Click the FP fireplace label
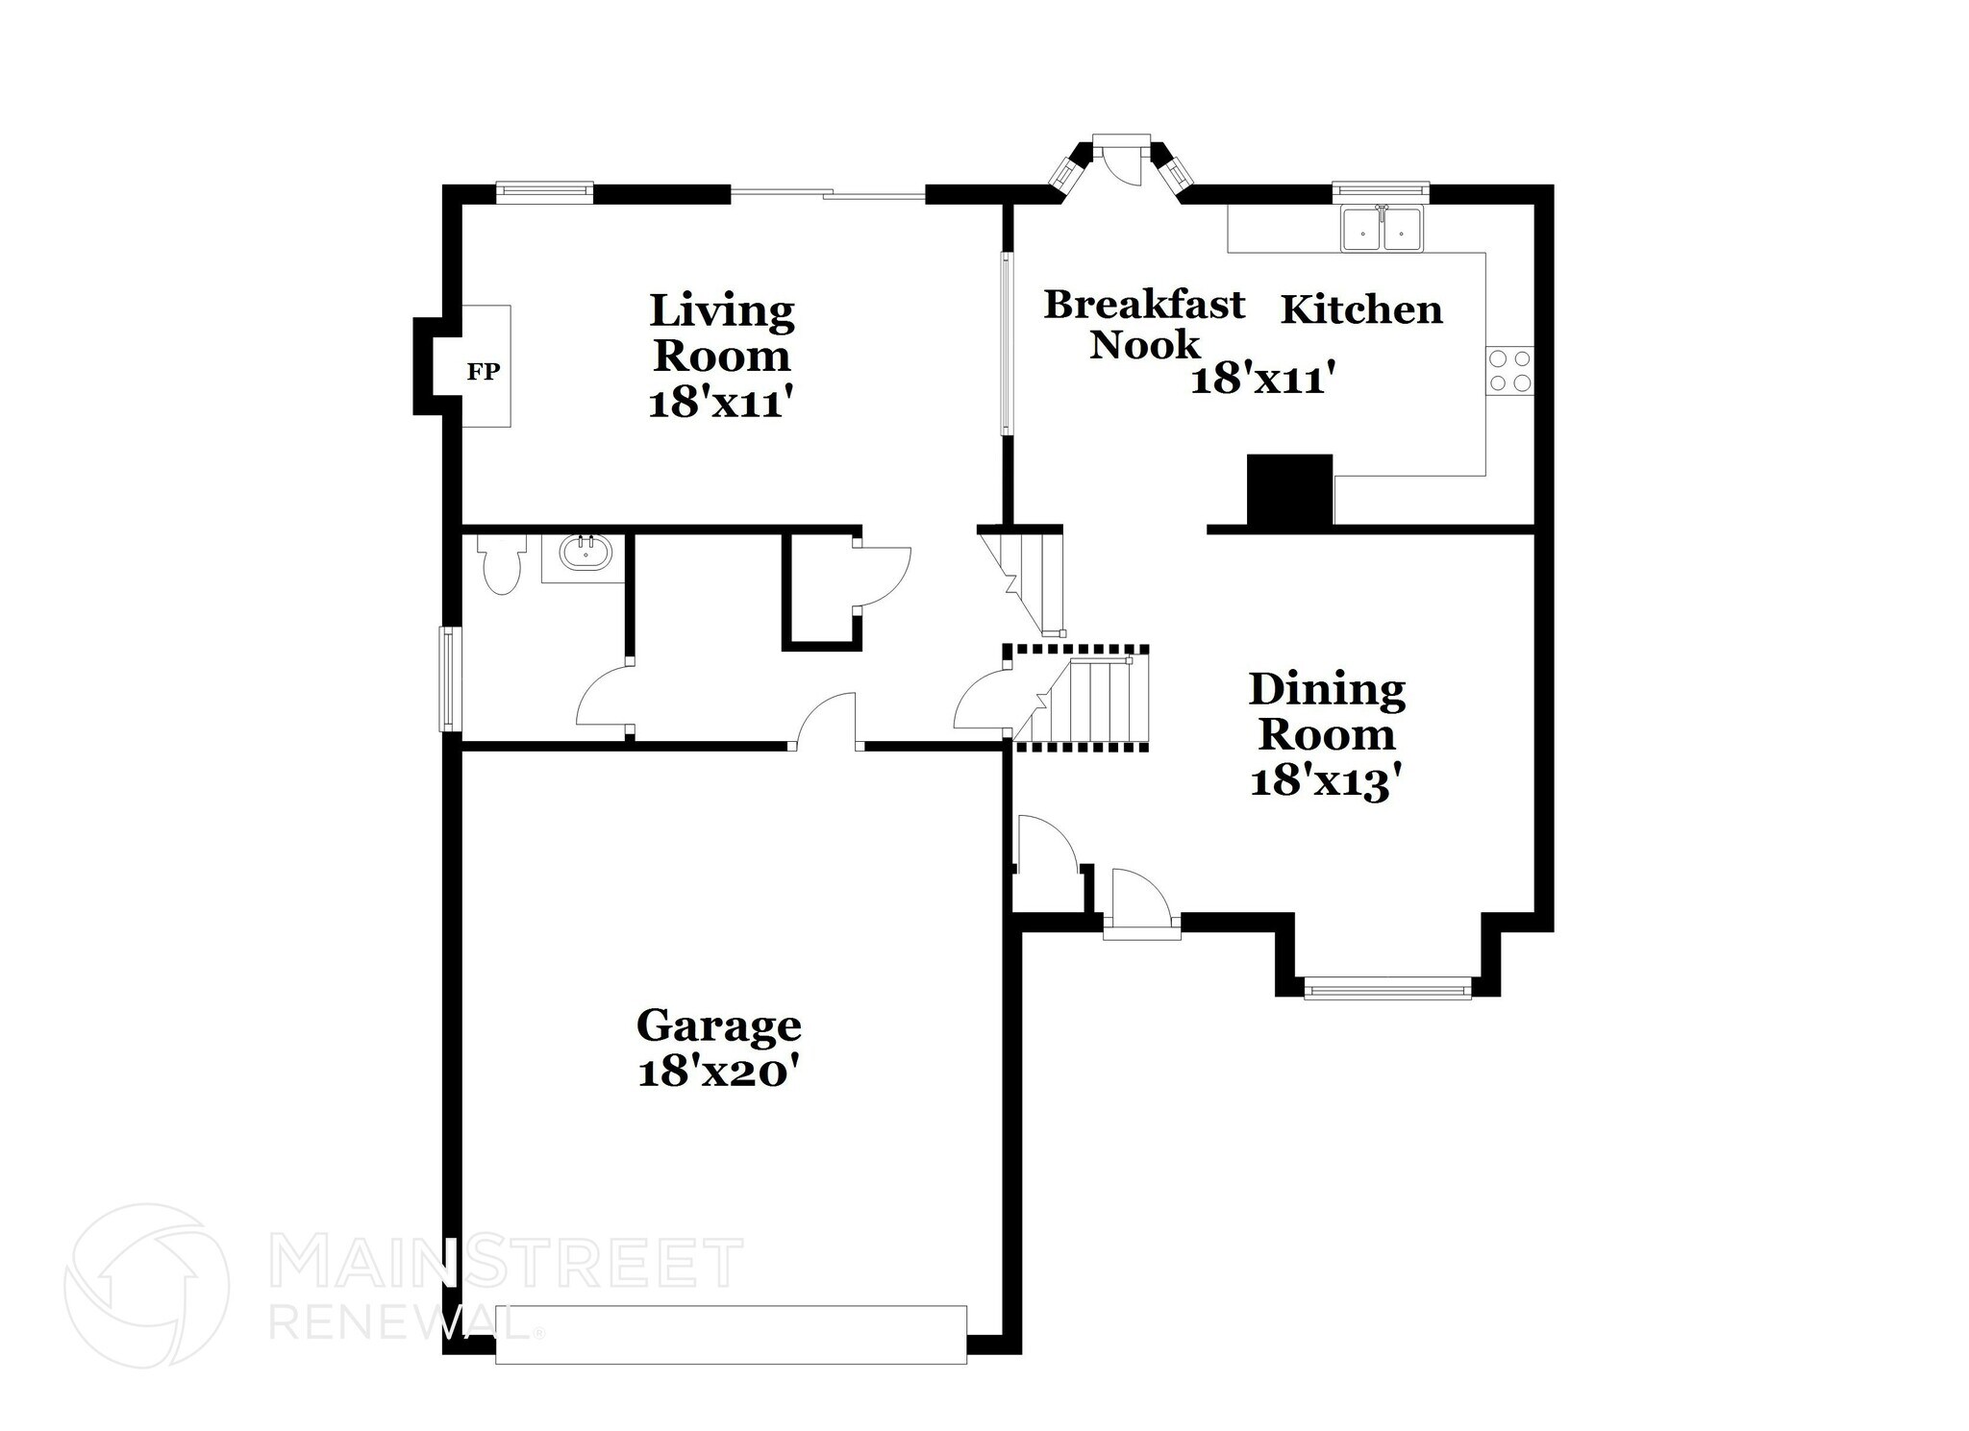pyautogui.click(x=484, y=372)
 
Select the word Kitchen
pyautogui.click(x=1361, y=310)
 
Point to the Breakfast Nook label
pyautogui.click(x=1144, y=324)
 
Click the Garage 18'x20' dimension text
pyautogui.click(x=718, y=1071)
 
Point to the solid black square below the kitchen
pyautogui.click(x=1289, y=489)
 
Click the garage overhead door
pyautogui.click(x=731, y=1334)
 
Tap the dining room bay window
pyautogui.click(x=1387, y=987)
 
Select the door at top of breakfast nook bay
pyautogui.click(x=1121, y=161)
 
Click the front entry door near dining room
pyautogui.click(x=1140, y=903)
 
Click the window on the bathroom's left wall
pyautogui.click(x=450, y=678)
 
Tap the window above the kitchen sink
pyautogui.click(x=1381, y=192)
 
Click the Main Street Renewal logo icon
pyautogui.click(x=146, y=1284)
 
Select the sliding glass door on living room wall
pyautogui.click(x=828, y=195)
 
